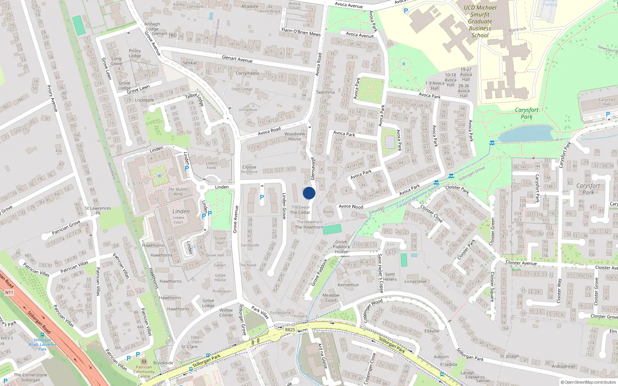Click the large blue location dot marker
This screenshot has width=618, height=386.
tap(309, 193)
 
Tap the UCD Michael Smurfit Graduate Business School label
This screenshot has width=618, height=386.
tap(480, 21)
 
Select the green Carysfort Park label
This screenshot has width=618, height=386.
tap(526, 113)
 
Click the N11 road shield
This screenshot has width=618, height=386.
tap(9, 293)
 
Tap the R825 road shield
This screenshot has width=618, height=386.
tap(290, 330)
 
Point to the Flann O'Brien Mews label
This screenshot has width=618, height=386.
tap(301, 32)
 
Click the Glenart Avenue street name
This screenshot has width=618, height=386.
tap(237, 59)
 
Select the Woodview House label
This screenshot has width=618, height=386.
tap(294, 136)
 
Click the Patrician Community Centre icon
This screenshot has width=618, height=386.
tap(144, 362)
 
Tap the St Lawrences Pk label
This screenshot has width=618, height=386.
tap(98, 210)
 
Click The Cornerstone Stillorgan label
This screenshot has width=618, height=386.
tap(31, 377)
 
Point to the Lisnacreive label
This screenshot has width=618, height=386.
tap(416, 281)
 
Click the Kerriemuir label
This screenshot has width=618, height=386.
tap(348, 285)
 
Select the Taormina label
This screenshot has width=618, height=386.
tap(325, 92)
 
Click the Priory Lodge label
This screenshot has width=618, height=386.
tap(135, 53)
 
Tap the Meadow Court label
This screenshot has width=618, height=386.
tap(331, 298)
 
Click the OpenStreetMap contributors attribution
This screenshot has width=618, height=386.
tap(590, 382)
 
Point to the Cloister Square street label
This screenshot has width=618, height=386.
tap(492, 286)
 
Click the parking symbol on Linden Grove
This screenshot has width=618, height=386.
tap(262, 197)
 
